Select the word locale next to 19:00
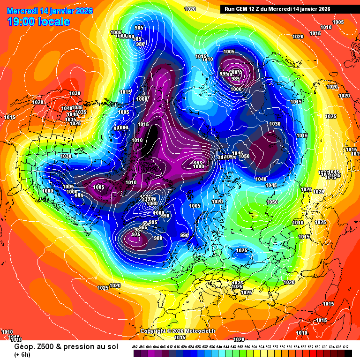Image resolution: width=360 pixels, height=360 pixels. (56, 22)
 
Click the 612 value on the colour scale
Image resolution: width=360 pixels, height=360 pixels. (345, 347)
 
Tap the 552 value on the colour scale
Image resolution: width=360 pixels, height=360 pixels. (240, 347)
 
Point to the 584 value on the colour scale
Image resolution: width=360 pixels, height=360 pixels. (297, 347)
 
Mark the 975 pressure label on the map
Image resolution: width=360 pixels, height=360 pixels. (136, 234)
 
